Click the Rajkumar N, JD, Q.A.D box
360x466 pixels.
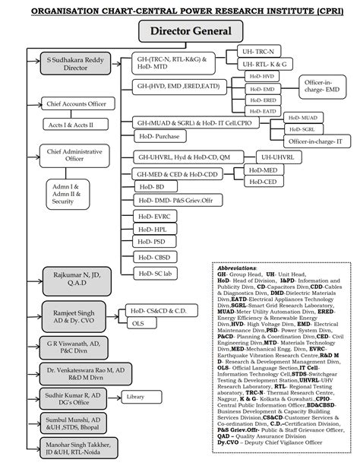(x=71, y=279)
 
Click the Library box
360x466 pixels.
(x=137, y=398)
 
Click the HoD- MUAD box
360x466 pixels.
(x=305, y=119)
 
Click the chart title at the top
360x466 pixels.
(x=180, y=9)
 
